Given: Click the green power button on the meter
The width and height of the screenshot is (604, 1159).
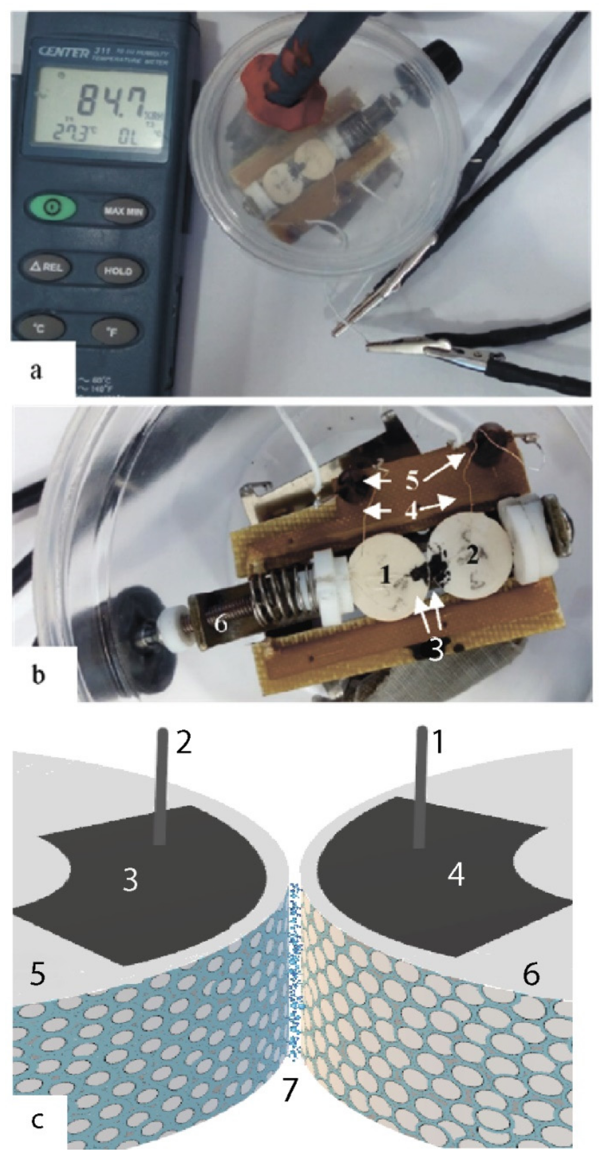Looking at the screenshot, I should [52, 208].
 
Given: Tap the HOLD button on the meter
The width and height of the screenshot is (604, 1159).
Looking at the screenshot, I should [118, 271].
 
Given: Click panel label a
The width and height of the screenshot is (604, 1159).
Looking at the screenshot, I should [36, 372].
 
